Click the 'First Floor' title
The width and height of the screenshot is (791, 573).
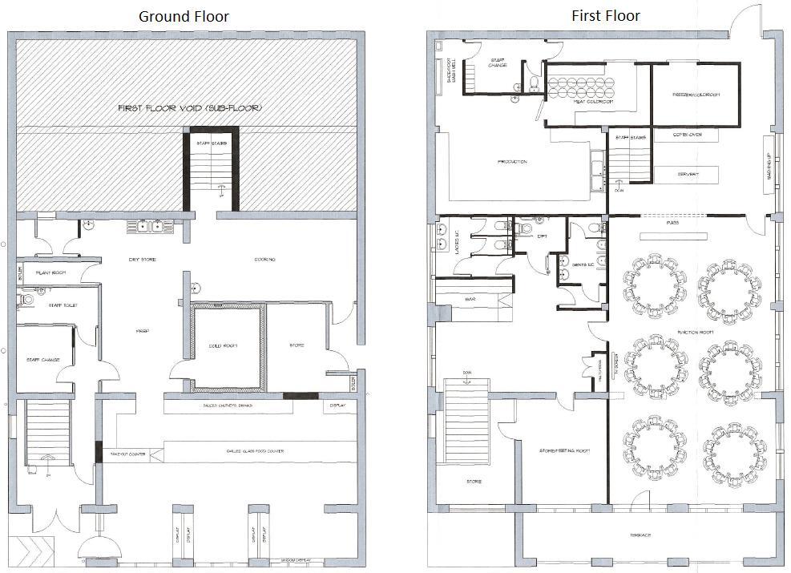coord(605,15)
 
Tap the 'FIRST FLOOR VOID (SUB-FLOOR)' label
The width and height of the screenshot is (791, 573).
coord(189,107)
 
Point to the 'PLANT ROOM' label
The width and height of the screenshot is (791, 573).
coord(50,273)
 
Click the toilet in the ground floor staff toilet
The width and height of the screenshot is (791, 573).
coord(26,299)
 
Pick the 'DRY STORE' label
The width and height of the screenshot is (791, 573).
coord(141,260)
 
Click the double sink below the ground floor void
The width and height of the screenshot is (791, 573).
coord(151,227)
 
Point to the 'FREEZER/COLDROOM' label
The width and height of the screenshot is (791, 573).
coord(696,95)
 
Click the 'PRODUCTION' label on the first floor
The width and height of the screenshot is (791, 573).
coord(512,162)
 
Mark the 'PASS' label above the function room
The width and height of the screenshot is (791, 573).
coord(672,223)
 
